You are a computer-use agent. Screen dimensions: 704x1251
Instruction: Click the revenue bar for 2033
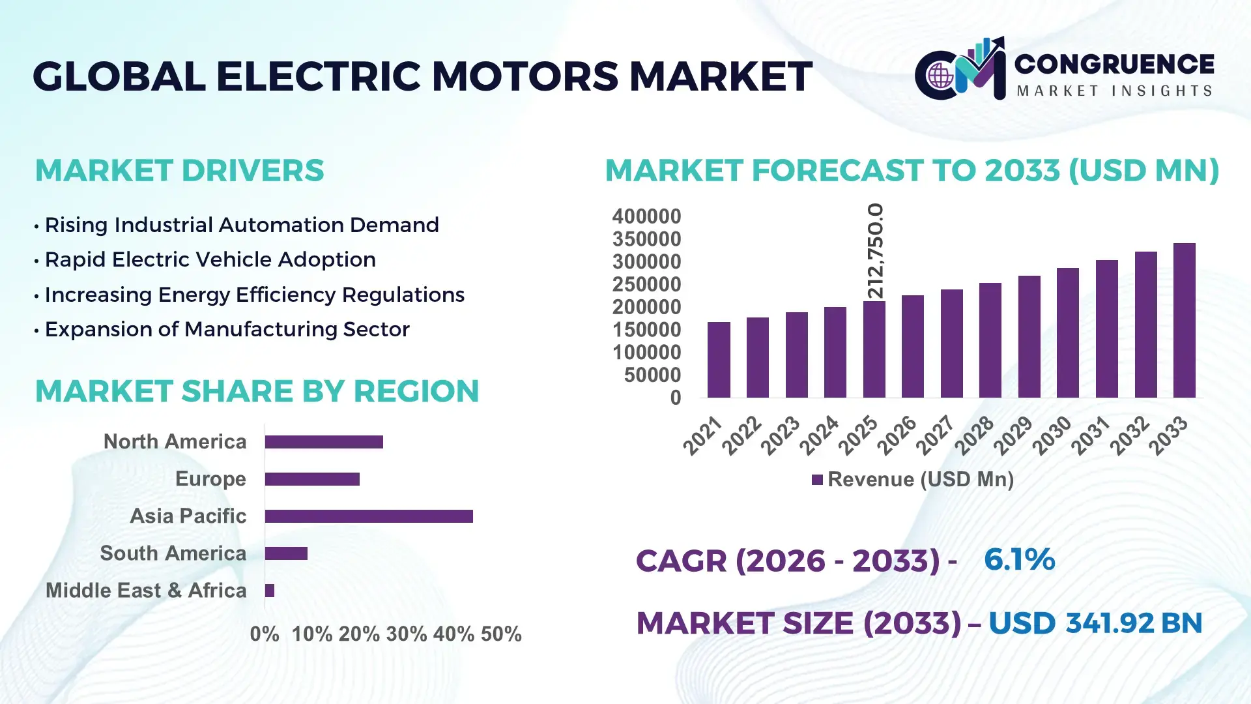(x=1184, y=321)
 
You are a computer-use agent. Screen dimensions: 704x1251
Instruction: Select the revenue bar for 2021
(x=719, y=360)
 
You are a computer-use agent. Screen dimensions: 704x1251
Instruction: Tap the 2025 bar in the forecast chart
(x=874, y=349)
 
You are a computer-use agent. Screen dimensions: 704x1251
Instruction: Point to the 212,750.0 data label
(x=875, y=251)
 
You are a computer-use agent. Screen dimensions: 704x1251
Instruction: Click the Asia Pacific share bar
(x=369, y=516)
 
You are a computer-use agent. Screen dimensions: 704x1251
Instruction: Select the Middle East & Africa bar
(x=270, y=591)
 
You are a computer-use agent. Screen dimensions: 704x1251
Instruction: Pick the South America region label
(x=173, y=553)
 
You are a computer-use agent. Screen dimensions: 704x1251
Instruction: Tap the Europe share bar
(x=312, y=479)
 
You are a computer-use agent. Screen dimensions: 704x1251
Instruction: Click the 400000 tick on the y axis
(x=646, y=216)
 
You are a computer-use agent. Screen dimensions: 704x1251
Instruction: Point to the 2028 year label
(x=975, y=435)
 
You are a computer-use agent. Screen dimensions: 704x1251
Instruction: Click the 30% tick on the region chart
(x=407, y=634)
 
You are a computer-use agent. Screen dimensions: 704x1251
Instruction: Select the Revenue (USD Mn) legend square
(x=817, y=480)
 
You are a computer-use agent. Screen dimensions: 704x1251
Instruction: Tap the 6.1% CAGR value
(x=1019, y=559)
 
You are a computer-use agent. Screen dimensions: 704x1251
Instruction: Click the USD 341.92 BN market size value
(x=1095, y=623)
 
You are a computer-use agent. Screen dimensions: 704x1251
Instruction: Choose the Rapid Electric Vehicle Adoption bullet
(x=210, y=259)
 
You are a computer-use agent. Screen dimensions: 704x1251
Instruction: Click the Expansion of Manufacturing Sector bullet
(x=227, y=329)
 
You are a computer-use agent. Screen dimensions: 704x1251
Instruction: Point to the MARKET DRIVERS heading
(x=179, y=171)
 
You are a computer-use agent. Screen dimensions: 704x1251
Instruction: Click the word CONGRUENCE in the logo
(x=1114, y=64)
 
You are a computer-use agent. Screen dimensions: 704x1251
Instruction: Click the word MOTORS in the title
(x=525, y=76)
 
